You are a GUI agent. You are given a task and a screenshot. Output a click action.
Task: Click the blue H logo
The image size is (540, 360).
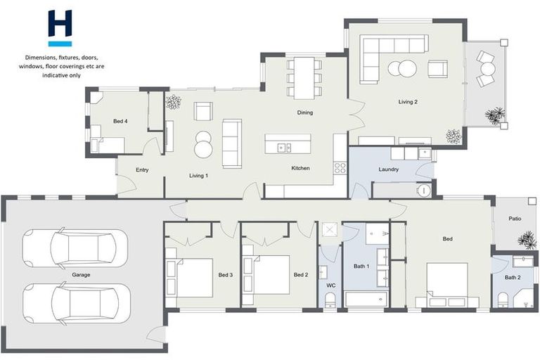(60, 29)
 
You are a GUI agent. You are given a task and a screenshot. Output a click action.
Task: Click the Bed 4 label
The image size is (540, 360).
(120, 122)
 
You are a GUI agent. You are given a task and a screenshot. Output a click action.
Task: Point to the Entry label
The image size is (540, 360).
(141, 169)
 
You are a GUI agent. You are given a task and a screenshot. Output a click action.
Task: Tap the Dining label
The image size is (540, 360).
(304, 112)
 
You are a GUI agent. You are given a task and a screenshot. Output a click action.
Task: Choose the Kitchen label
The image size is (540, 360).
(301, 168)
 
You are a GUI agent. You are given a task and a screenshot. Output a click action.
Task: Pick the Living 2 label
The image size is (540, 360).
(408, 102)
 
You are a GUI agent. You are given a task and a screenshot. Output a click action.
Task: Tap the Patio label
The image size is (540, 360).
(515, 219)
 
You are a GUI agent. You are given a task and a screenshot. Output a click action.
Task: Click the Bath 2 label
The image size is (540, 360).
(513, 278)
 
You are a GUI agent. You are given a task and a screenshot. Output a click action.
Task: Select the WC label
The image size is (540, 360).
(330, 285)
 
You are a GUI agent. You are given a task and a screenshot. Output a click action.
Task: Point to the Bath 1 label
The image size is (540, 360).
(361, 266)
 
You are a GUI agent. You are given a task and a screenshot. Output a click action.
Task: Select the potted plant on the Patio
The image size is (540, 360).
(526, 240)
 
